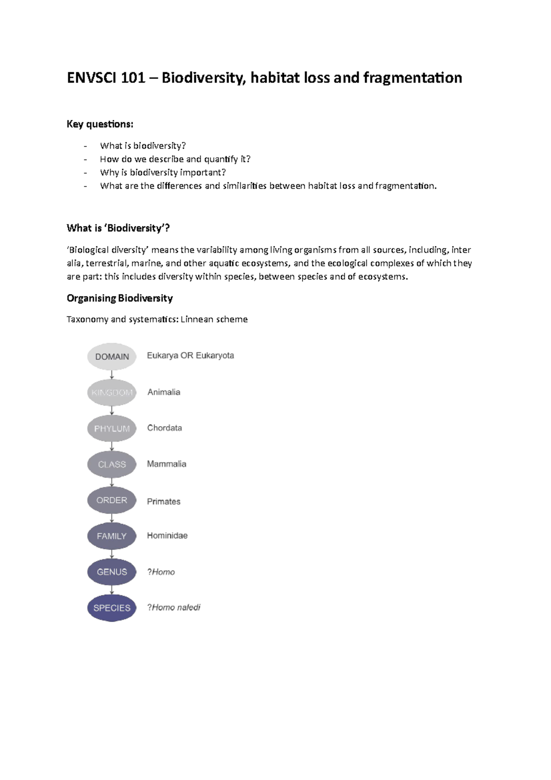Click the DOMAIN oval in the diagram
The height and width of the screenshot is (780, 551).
(x=112, y=356)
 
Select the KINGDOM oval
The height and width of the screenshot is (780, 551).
(x=112, y=392)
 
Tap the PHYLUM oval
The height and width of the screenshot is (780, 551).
(x=112, y=428)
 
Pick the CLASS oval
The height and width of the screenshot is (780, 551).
(x=112, y=464)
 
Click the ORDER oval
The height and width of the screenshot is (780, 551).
(x=112, y=500)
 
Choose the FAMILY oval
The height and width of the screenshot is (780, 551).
(x=112, y=536)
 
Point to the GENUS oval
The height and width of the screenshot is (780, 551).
(x=112, y=571)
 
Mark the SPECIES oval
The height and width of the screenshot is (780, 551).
(x=112, y=607)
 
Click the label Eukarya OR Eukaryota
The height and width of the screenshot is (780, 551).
(x=190, y=356)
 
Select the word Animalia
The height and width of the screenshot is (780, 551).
(x=163, y=392)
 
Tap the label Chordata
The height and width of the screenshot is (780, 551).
(x=164, y=428)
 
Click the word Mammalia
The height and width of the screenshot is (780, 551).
(x=166, y=464)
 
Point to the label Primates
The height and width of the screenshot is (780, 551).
(x=163, y=502)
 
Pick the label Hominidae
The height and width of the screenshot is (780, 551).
(x=167, y=536)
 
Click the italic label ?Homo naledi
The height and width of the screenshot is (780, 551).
(x=174, y=607)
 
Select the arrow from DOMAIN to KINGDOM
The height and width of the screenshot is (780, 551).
(x=112, y=374)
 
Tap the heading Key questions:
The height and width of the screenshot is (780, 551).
(x=100, y=124)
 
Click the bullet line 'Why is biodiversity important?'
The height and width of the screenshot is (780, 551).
(x=163, y=172)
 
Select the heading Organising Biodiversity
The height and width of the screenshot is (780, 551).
(x=119, y=298)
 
